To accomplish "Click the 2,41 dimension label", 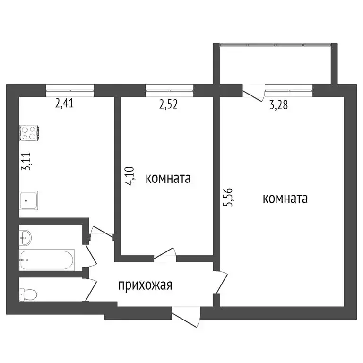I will point(65,103).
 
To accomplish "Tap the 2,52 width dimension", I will point(169,103).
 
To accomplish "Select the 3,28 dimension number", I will point(279,105).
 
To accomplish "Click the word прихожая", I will point(145,285).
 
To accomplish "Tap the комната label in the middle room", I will point(168,179).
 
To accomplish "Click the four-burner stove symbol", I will point(29,132).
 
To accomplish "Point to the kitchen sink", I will point(29,201).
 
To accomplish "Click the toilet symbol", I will point(28,294).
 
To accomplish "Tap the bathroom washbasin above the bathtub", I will point(26,237).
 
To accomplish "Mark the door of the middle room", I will point(165,255).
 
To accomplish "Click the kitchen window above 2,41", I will point(70,87).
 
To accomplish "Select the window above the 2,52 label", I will point(169,87).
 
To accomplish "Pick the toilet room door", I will point(90,290).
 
